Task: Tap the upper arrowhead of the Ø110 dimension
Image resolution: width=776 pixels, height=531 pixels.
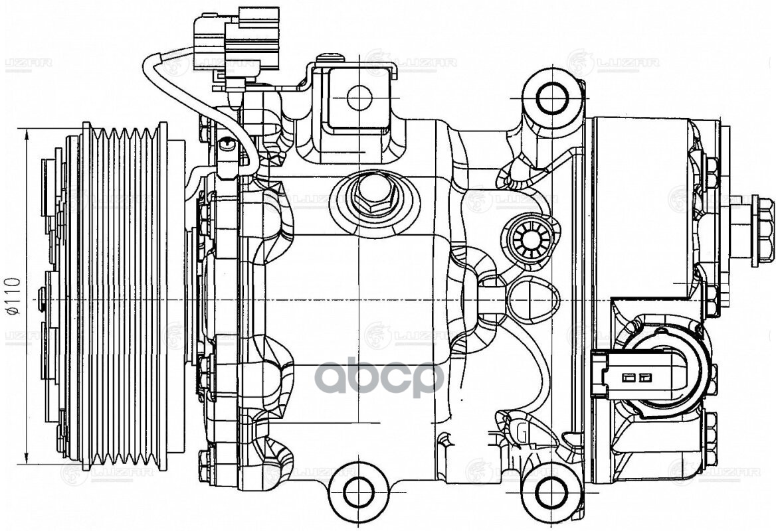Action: pos(27,133)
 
